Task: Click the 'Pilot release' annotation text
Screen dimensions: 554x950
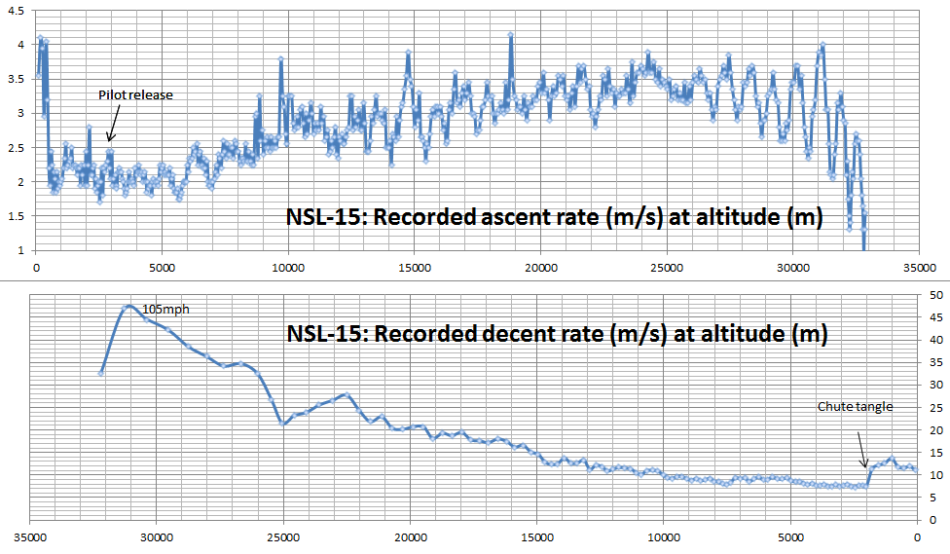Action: click(135, 95)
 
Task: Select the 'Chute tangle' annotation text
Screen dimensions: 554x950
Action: click(856, 407)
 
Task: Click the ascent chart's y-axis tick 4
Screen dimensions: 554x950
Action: click(18, 45)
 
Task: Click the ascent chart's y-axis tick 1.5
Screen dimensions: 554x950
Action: click(16, 216)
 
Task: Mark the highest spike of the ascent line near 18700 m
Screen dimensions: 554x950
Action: click(510, 35)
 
